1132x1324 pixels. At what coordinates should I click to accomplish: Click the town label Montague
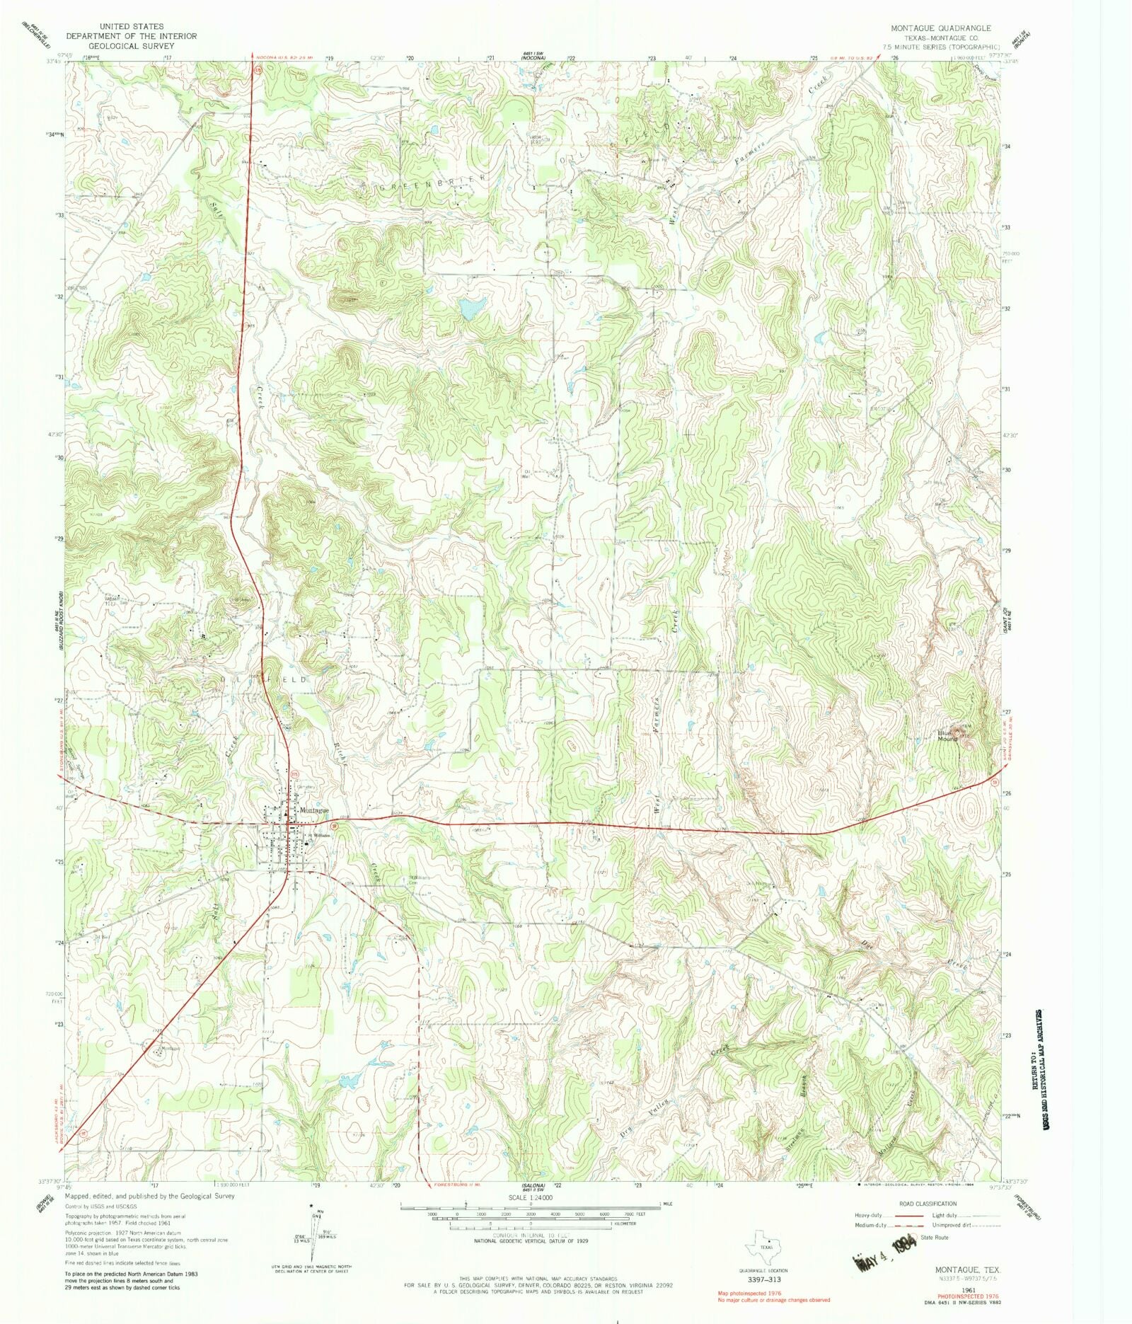click(x=314, y=810)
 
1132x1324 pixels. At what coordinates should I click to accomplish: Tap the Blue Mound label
click(x=947, y=736)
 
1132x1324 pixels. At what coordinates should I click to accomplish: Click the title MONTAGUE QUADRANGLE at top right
click(x=941, y=28)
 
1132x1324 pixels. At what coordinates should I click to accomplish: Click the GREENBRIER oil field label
click(x=432, y=183)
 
